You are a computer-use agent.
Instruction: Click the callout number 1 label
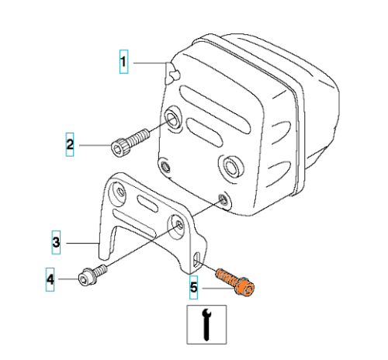click(x=123, y=61)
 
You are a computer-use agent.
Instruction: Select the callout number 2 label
click(x=70, y=144)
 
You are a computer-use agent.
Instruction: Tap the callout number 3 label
click(x=56, y=242)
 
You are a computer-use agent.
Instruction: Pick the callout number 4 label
click(x=50, y=279)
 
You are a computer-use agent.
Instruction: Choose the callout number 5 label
click(x=194, y=287)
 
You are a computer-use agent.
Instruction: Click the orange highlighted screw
click(x=235, y=282)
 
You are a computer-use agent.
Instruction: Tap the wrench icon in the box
click(x=206, y=324)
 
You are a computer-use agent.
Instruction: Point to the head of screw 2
click(x=118, y=147)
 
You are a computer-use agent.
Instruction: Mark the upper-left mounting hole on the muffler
click(x=172, y=119)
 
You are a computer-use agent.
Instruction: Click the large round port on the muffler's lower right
click(x=231, y=166)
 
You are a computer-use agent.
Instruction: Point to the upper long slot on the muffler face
click(x=215, y=109)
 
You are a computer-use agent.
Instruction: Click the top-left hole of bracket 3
click(x=118, y=192)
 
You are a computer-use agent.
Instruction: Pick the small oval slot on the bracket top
click(x=147, y=204)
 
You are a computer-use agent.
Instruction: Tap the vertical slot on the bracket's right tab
click(x=197, y=260)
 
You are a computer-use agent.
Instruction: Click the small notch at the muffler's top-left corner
click(x=174, y=74)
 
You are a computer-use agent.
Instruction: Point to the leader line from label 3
click(x=82, y=243)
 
